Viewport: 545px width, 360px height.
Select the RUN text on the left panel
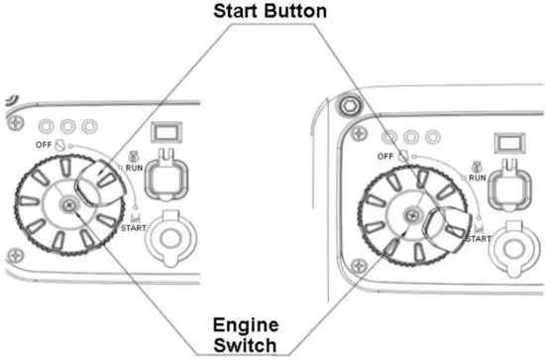[x=134, y=169]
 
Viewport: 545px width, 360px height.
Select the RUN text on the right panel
[x=477, y=177]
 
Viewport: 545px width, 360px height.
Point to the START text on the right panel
[x=478, y=238]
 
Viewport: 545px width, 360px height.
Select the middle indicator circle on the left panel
[x=68, y=125]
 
